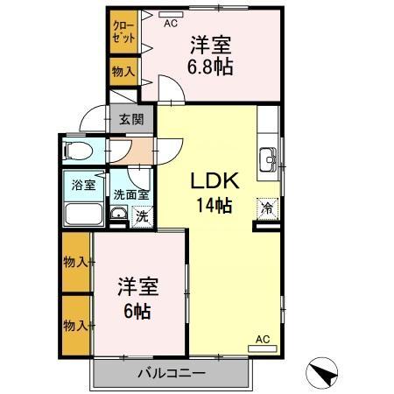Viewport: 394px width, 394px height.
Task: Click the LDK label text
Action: (x=212, y=181)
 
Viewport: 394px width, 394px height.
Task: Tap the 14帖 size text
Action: (x=213, y=207)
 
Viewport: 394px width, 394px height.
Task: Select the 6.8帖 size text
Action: (x=210, y=66)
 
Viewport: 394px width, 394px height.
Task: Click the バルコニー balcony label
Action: (x=171, y=374)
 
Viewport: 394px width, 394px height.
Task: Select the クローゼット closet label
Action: (x=123, y=33)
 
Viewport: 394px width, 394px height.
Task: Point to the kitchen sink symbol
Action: (x=267, y=158)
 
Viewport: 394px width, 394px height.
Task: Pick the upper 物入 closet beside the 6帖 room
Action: (x=76, y=262)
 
